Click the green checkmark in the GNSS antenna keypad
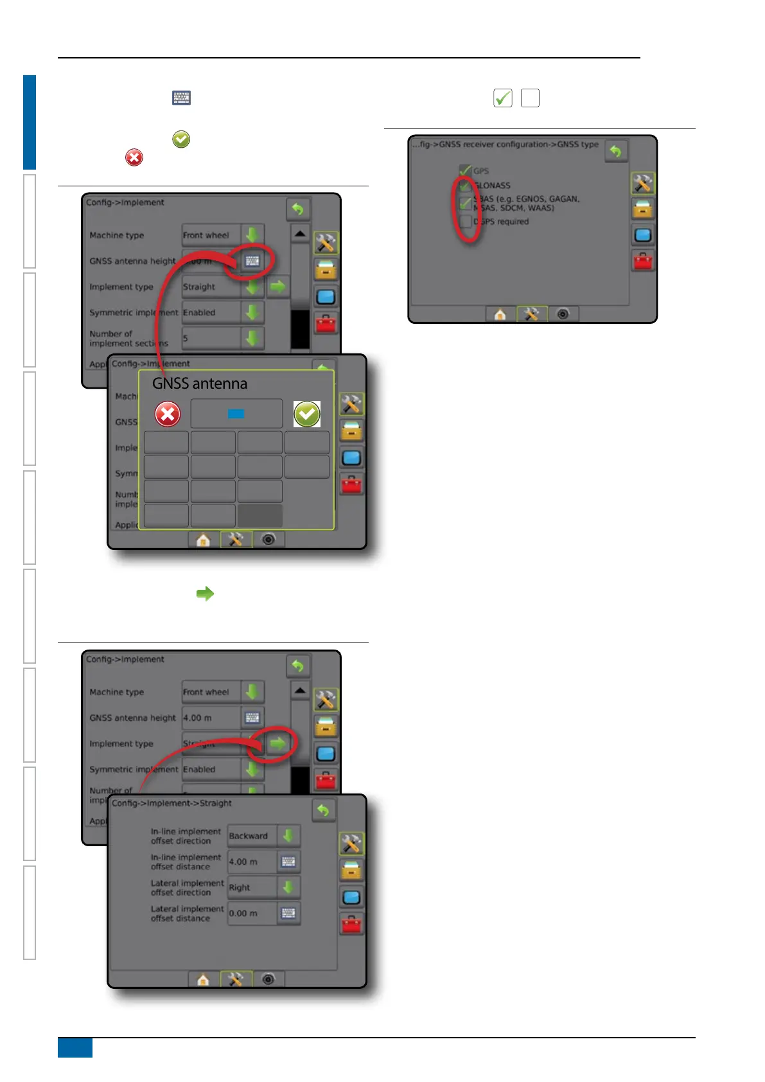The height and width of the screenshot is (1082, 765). (x=307, y=414)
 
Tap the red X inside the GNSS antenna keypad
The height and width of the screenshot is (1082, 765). (x=168, y=414)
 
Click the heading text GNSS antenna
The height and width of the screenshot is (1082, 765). (x=200, y=384)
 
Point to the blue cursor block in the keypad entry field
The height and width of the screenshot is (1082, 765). (x=236, y=414)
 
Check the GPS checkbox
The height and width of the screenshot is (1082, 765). (x=466, y=171)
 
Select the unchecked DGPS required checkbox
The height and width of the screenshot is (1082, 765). (x=466, y=222)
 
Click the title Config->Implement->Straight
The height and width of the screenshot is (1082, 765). (x=172, y=803)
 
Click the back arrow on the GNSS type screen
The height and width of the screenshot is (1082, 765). (x=615, y=152)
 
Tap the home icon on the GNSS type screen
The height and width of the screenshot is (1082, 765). (x=500, y=314)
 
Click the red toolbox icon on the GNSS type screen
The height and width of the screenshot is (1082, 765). (x=642, y=261)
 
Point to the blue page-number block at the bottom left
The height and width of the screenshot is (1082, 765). (x=75, y=1047)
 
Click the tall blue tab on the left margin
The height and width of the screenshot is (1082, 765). (x=30, y=122)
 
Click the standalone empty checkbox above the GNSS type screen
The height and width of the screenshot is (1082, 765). (x=530, y=98)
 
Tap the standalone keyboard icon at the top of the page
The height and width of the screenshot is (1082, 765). (x=182, y=98)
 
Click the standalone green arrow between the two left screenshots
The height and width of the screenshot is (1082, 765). (x=205, y=594)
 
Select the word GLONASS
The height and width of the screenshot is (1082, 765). (x=493, y=185)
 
